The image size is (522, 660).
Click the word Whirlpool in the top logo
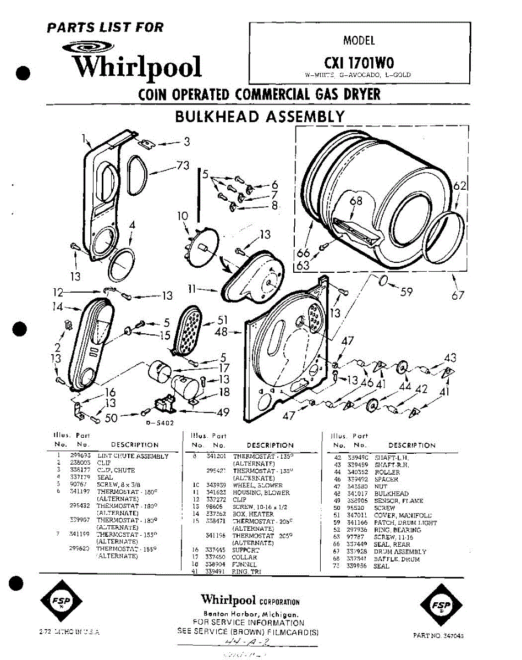tap(138, 67)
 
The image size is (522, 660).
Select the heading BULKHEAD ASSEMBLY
tap(260, 117)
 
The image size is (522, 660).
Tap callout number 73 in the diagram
tap(183, 165)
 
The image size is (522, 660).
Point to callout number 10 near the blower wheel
tap(183, 216)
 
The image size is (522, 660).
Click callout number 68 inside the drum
tap(356, 201)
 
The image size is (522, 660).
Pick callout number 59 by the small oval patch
tap(406, 291)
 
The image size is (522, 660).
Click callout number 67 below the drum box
tap(458, 295)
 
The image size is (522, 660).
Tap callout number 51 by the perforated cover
tap(222, 320)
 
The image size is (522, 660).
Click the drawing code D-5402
tap(160, 423)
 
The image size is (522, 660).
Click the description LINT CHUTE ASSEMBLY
tap(133, 456)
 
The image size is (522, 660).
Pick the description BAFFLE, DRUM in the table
tap(397, 559)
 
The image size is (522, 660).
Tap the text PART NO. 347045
tap(438, 635)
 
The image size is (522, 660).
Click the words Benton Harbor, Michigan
tap(251, 614)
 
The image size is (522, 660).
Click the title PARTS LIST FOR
tap(106, 27)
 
